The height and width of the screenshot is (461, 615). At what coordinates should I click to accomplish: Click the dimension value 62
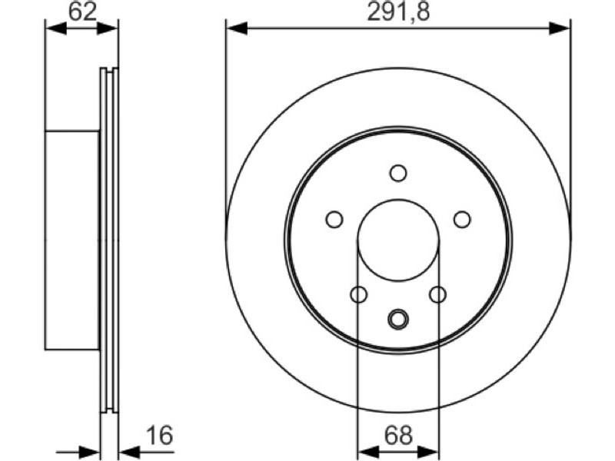[82, 12]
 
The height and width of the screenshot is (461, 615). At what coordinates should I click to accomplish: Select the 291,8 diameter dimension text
[398, 12]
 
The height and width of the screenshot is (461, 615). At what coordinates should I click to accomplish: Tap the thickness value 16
[159, 435]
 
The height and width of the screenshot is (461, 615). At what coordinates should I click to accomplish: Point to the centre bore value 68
[398, 435]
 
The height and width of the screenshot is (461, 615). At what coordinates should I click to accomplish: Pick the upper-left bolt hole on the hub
[334, 219]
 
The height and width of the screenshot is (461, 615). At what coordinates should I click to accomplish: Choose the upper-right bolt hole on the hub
[462, 219]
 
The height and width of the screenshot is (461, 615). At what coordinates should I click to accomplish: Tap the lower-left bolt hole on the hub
[358, 294]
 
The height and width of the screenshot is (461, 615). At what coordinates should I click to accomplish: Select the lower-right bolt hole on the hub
[437, 294]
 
